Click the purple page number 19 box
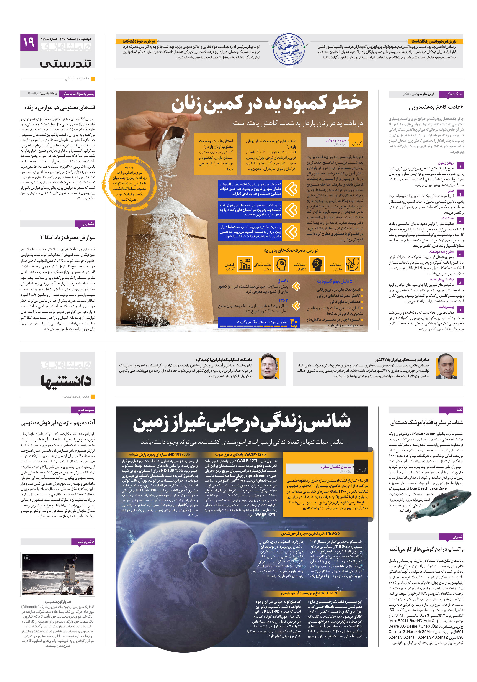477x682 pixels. (x=29, y=43)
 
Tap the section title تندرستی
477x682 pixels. (x=66, y=63)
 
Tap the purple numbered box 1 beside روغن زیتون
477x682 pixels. (x=459, y=166)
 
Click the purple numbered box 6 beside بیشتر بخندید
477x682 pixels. (x=459, y=310)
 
